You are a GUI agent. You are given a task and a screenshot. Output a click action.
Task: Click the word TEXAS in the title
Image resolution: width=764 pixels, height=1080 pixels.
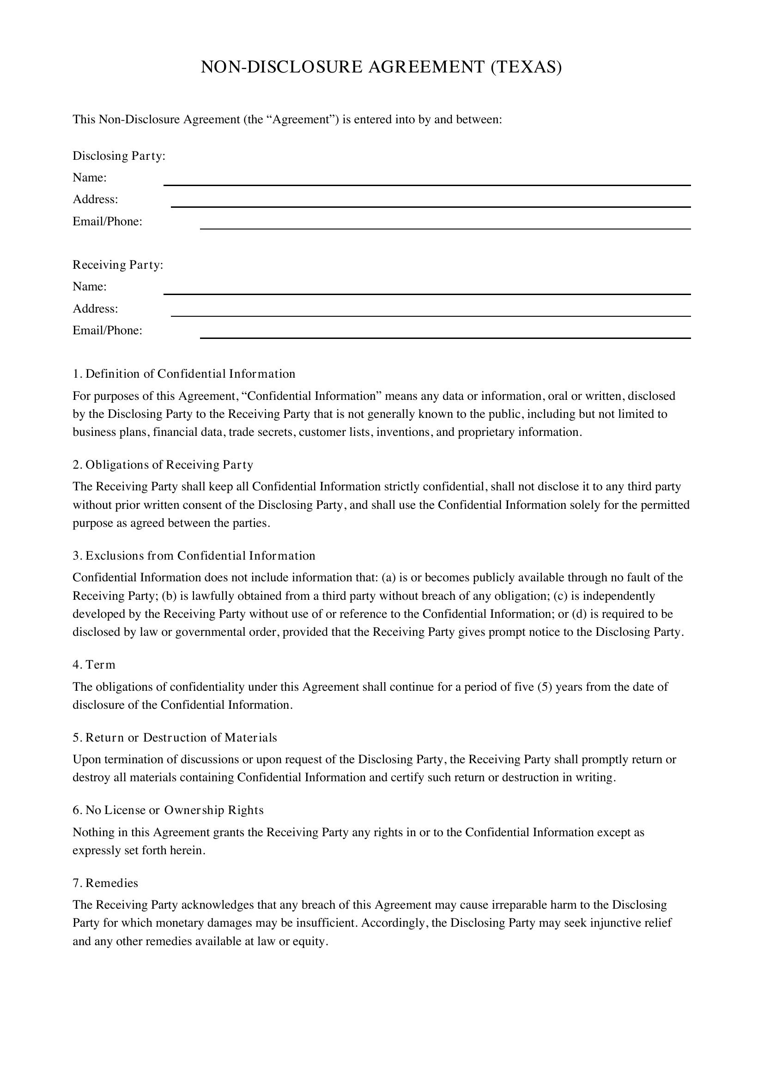point(526,67)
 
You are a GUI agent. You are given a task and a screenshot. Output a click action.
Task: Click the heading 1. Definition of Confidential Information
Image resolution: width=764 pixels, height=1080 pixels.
point(184,374)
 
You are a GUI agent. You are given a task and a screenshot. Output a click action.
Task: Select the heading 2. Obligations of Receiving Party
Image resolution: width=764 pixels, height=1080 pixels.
point(163,465)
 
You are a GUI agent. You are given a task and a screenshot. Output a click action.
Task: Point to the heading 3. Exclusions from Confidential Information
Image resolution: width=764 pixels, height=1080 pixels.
point(194,556)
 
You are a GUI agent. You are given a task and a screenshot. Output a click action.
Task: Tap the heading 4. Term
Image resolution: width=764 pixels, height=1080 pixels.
point(94,664)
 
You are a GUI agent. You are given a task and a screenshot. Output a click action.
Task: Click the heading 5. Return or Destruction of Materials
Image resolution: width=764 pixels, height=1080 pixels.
point(175,737)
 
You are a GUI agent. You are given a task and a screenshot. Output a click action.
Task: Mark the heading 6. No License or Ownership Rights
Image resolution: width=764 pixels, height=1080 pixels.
point(168,810)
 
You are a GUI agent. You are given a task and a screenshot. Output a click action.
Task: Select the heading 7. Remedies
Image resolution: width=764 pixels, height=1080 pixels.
point(105,883)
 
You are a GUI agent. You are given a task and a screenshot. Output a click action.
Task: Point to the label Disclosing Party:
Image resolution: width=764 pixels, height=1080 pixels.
point(119,156)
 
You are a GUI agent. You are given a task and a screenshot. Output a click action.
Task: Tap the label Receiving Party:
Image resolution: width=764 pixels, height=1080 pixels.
point(118,265)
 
